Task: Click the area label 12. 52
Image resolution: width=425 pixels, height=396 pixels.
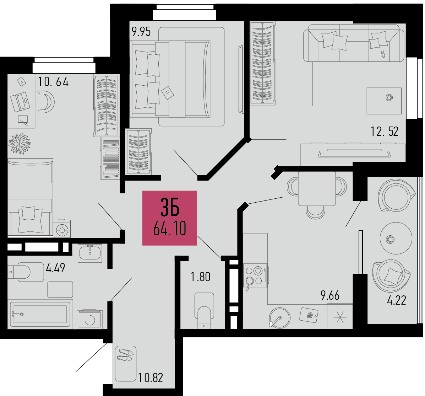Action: [x=384, y=132]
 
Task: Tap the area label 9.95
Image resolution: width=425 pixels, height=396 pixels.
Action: [x=141, y=32]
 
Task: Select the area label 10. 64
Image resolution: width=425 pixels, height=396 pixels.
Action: [x=53, y=82]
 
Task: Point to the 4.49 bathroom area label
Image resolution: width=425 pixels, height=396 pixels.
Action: [x=55, y=268]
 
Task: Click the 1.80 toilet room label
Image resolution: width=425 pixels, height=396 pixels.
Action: [x=201, y=277]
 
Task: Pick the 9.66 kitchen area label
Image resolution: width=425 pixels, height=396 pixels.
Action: [x=330, y=295]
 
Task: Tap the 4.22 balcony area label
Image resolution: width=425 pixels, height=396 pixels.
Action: [x=397, y=300]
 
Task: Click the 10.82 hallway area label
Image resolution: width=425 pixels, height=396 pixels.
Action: [x=151, y=378]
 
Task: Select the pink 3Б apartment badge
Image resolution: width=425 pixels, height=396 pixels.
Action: [x=170, y=218]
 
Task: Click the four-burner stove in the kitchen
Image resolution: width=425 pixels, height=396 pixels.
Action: [x=255, y=276]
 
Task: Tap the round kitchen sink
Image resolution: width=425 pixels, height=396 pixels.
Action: [x=279, y=317]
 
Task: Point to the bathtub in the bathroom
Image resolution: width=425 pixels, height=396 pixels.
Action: [x=40, y=314]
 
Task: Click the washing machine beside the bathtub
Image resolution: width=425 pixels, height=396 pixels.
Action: [x=90, y=319]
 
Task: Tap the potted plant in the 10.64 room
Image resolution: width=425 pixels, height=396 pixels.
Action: [x=20, y=143]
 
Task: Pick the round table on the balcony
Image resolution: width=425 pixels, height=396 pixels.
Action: [x=396, y=238]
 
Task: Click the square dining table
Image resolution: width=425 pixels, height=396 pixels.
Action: [x=317, y=188]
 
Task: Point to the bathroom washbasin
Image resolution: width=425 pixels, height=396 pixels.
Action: [x=90, y=253]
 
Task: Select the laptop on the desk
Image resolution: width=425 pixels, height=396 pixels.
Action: [x=20, y=102]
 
